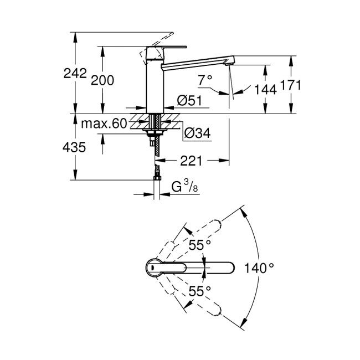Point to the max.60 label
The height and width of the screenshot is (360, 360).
104,122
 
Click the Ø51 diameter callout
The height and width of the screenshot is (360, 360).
189,100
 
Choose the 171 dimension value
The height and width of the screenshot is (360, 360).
290,85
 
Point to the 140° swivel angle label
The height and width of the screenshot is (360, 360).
260,269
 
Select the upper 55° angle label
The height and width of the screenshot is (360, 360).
199,244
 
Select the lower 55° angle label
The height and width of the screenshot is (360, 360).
199,290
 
